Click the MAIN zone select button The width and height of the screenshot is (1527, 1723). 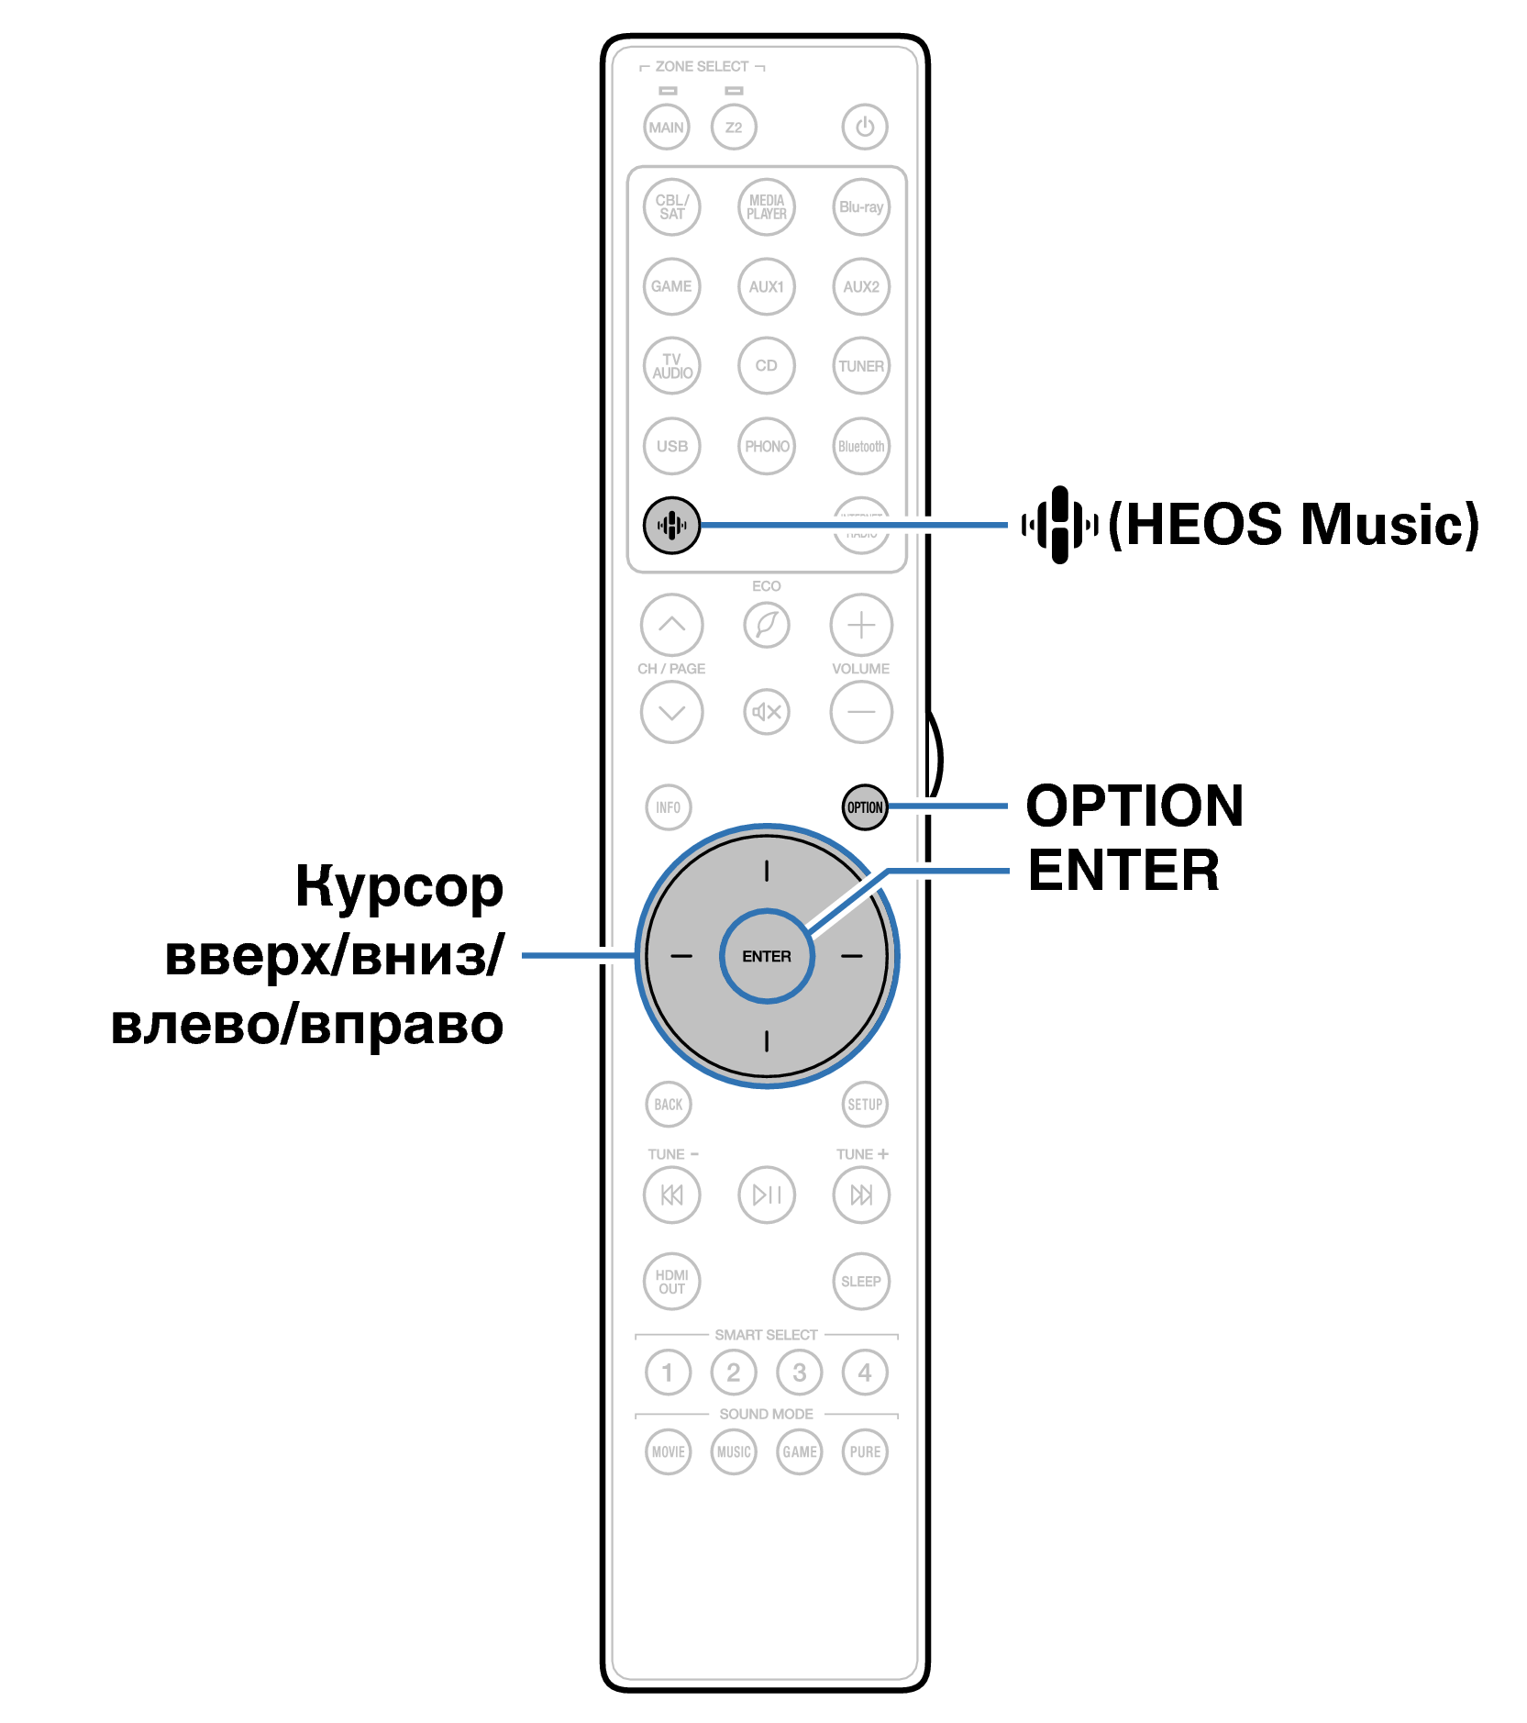point(667,128)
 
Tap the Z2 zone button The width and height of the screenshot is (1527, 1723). point(734,128)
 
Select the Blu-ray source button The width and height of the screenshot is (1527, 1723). point(861,207)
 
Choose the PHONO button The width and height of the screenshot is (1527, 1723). point(767,447)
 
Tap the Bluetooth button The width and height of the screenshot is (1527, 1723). point(861,447)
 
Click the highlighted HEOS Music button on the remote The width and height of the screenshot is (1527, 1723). point(671,526)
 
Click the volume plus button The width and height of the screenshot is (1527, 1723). point(861,626)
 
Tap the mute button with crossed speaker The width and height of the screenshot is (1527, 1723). point(767,712)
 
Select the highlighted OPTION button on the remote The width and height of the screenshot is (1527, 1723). point(865,807)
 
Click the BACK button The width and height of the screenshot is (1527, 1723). point(669,1105)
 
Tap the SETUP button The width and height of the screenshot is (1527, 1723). point(865,1105)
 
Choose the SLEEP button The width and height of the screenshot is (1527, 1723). point(861,1282)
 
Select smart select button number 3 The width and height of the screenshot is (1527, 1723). point(800,1373)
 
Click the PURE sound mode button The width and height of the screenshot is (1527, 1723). point(865,1452)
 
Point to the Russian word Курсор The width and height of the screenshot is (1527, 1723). point(400,887)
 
